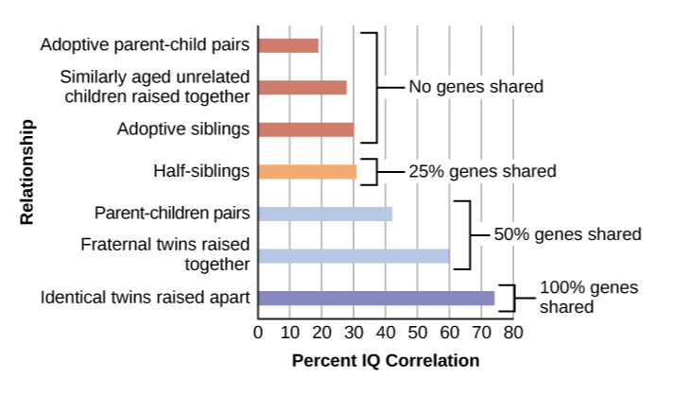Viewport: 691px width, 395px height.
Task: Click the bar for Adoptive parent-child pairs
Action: (x=288, y=45)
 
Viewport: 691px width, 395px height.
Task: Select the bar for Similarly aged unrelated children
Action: (x=302, y=88)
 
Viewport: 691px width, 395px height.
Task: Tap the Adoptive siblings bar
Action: (x=305, y=129)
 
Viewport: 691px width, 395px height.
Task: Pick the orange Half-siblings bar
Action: (x=307, y=172)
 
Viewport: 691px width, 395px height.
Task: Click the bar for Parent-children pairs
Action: (x=324, y=214)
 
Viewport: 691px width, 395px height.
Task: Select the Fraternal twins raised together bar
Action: (x=354, y=255)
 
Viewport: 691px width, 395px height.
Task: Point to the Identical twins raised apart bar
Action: (x=376, y=299)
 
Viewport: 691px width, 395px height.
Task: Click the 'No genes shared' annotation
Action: (x=475, y=87)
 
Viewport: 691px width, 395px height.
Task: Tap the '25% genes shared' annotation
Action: (x=482, y=172)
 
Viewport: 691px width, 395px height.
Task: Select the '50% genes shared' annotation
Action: (x=567, y=233)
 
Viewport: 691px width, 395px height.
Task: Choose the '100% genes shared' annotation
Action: (x=589, y=297)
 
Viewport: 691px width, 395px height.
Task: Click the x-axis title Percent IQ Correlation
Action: (x=386, y=361)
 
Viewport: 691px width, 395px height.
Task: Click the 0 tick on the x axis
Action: (x=258, y=332)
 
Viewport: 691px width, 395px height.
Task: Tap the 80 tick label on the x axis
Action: (x=513, y=332)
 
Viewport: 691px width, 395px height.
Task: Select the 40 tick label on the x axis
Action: (x=386, y=332)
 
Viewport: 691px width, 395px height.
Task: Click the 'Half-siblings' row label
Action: (x=201, y=171)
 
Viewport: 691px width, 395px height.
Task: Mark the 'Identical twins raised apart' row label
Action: (x=145, y=299)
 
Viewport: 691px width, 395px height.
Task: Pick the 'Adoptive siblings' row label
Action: (x=183, y=129)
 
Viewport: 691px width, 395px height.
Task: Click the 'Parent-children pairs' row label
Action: (x=172, y=213)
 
